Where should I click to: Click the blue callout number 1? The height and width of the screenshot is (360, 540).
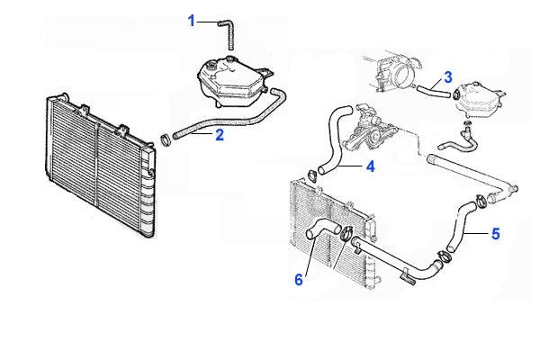click(x=192, y=21)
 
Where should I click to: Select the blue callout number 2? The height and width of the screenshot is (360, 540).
click(x=220, y=135)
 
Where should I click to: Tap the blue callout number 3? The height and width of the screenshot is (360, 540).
click(x=447, y=77)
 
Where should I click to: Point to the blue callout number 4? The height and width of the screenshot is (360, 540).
click(x=370, y=166)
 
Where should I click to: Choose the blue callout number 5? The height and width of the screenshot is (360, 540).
click(x=495, y=234)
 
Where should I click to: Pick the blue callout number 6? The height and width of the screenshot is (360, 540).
click(x=299, y=279)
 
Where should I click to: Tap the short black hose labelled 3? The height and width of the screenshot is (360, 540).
click(x=434, y=91)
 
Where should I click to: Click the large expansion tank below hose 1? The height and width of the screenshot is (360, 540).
click(x=234, y=83)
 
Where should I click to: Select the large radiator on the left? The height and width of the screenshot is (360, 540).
click(x=101, y=166)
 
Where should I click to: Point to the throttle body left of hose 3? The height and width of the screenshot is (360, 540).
click(x=396, y=73)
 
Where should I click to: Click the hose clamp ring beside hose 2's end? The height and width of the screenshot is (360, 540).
click(x=166, y=139)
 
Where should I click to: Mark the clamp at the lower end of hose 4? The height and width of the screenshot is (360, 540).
click(x=312, y=175)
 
